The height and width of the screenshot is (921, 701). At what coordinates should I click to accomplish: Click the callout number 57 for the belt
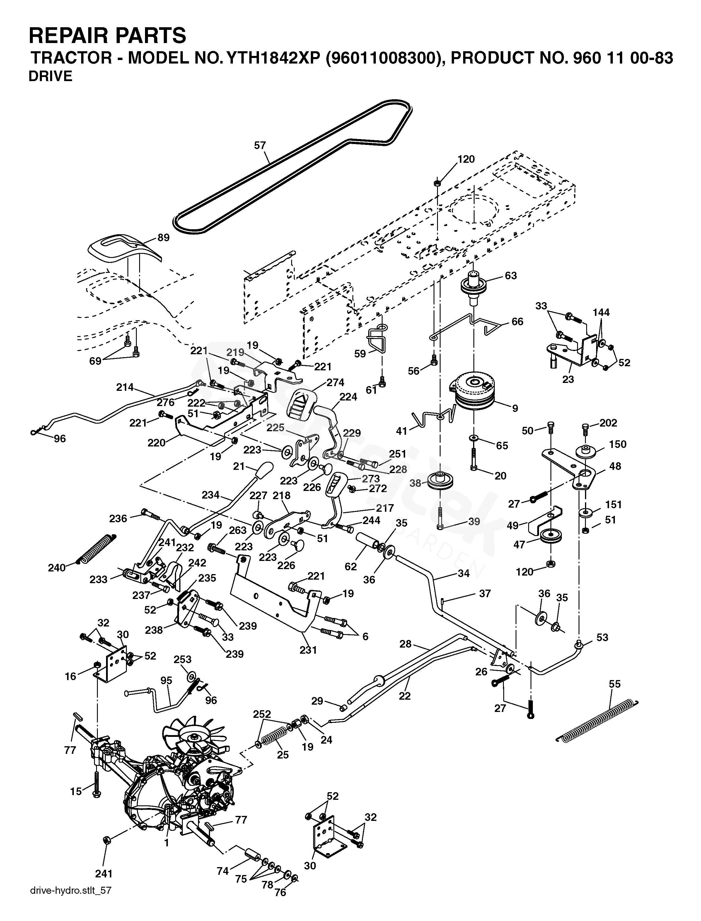260,145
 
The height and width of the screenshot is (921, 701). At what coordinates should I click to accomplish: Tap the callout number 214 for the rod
125,387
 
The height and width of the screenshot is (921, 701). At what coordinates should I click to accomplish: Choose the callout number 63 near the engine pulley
511,275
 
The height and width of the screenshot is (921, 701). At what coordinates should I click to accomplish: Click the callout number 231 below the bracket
308,650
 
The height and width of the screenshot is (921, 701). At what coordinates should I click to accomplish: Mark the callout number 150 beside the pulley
618,444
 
